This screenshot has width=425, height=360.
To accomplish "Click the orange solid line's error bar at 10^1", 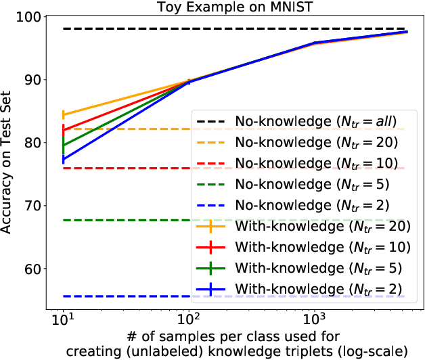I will [x=63, y=114].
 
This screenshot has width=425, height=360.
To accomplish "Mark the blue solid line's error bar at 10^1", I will [x=63, y=160].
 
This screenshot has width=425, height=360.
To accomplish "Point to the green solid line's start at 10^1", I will [x=63, y=145].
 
